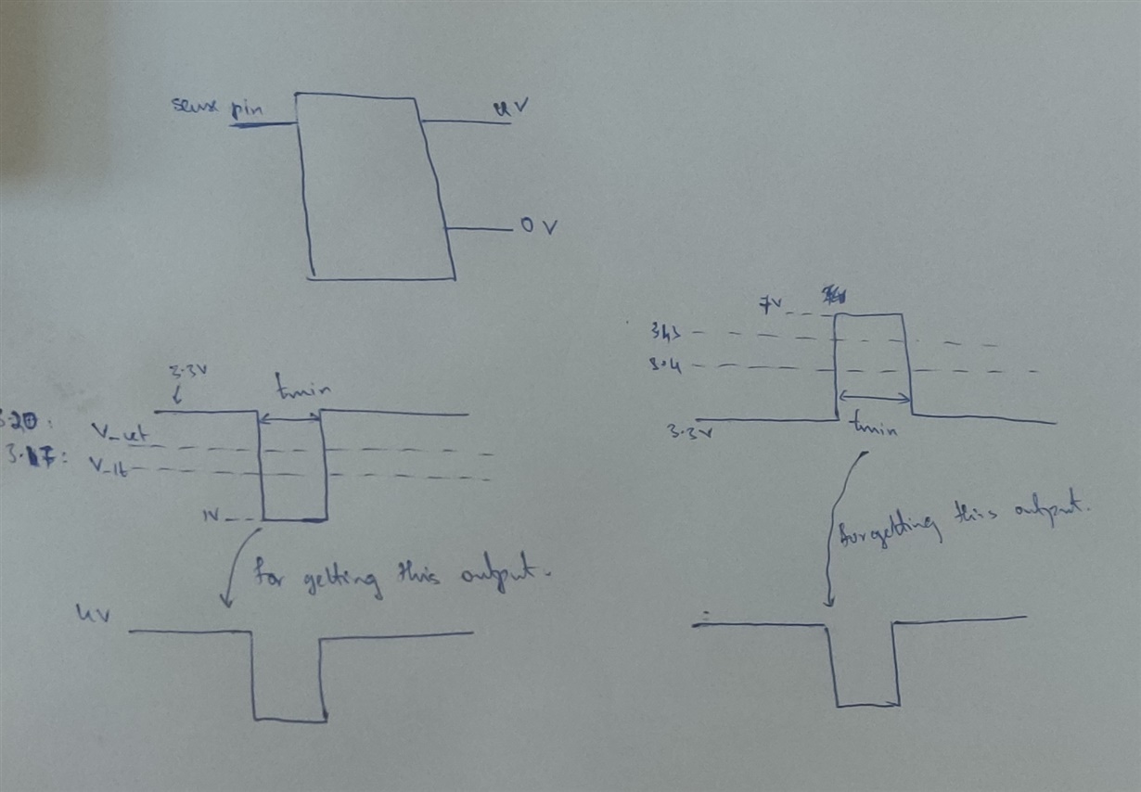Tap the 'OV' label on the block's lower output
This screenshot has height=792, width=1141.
(538, 226)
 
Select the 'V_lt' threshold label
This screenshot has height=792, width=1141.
(110, 469)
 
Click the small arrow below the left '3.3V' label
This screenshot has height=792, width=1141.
(175, 396)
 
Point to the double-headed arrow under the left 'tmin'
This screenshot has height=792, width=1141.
(290, 419)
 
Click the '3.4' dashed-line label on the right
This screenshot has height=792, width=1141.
(665, 366)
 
